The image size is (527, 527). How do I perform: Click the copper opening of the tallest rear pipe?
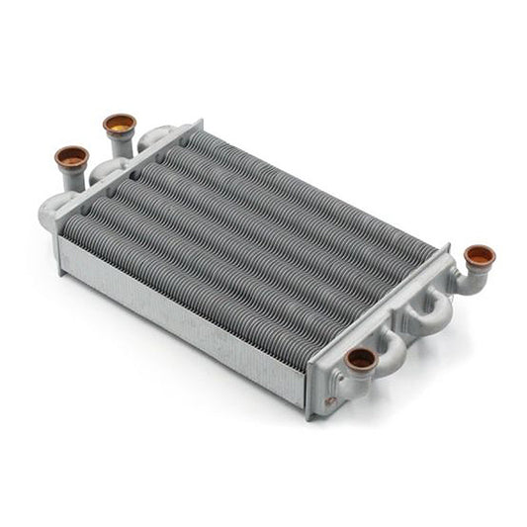pos(120,124)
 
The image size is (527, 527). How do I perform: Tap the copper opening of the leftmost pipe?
pos(71,156)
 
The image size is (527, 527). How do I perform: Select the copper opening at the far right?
pos(480,256)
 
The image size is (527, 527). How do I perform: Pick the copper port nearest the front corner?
pos(361,358)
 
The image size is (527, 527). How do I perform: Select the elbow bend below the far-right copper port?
pos(468,282)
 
